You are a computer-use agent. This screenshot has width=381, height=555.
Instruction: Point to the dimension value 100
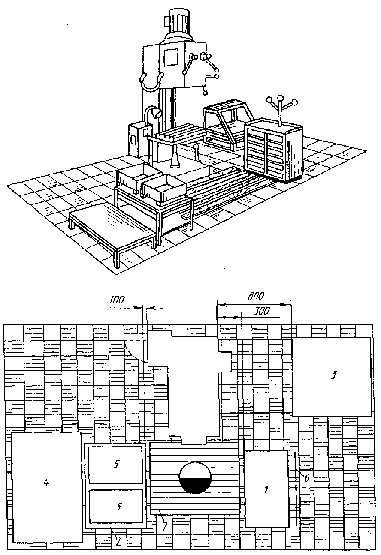(117, 300)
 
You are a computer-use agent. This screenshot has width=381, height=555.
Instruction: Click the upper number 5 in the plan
(116, 465)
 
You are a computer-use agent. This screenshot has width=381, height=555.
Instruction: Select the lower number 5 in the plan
(116, 507)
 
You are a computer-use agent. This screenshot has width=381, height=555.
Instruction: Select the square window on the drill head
(171, 57)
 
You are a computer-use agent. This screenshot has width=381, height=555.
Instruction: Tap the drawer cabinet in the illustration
(273, 150)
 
